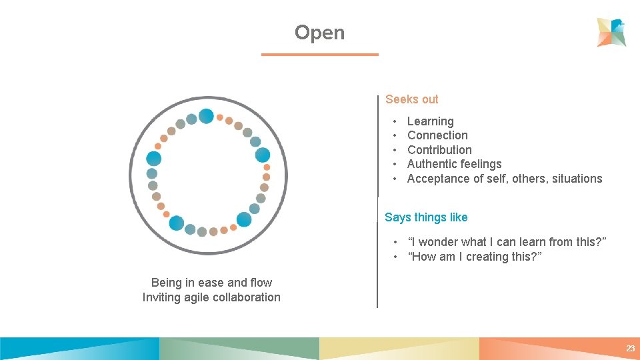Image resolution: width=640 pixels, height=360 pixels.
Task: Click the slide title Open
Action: click(319, 33)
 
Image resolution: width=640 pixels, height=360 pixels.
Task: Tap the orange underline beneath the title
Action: click(319, 55)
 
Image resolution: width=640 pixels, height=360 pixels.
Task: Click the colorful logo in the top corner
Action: click(611, 32)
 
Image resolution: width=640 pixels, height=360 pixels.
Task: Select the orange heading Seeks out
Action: click(411, 99)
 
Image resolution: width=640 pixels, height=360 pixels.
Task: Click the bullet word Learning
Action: click(430, 121)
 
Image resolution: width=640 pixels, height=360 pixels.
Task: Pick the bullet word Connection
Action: click(437, 135)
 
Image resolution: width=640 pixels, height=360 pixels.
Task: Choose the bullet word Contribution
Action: click(439, 150)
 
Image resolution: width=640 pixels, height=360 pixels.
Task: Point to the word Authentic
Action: click(430, 164)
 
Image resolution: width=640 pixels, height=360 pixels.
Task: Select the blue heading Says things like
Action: click(426, 217)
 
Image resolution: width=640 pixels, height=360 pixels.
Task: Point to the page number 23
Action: click(630, 349)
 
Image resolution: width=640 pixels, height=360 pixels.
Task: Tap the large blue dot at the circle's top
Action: click(206, 117)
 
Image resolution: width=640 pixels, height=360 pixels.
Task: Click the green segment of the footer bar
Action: click(240, 349)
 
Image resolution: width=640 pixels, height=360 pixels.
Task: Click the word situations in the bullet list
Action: click(577, 179)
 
